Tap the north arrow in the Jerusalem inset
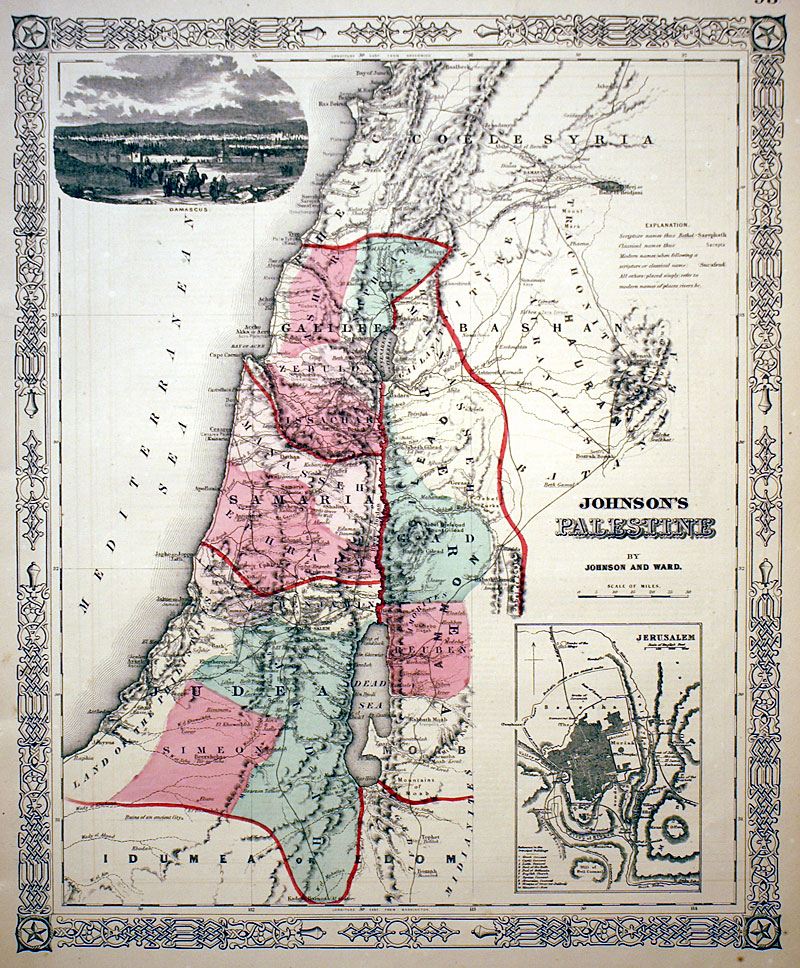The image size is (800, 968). point(534,661)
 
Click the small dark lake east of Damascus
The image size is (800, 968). point(609,185)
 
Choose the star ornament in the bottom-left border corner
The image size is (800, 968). point(37,933)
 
